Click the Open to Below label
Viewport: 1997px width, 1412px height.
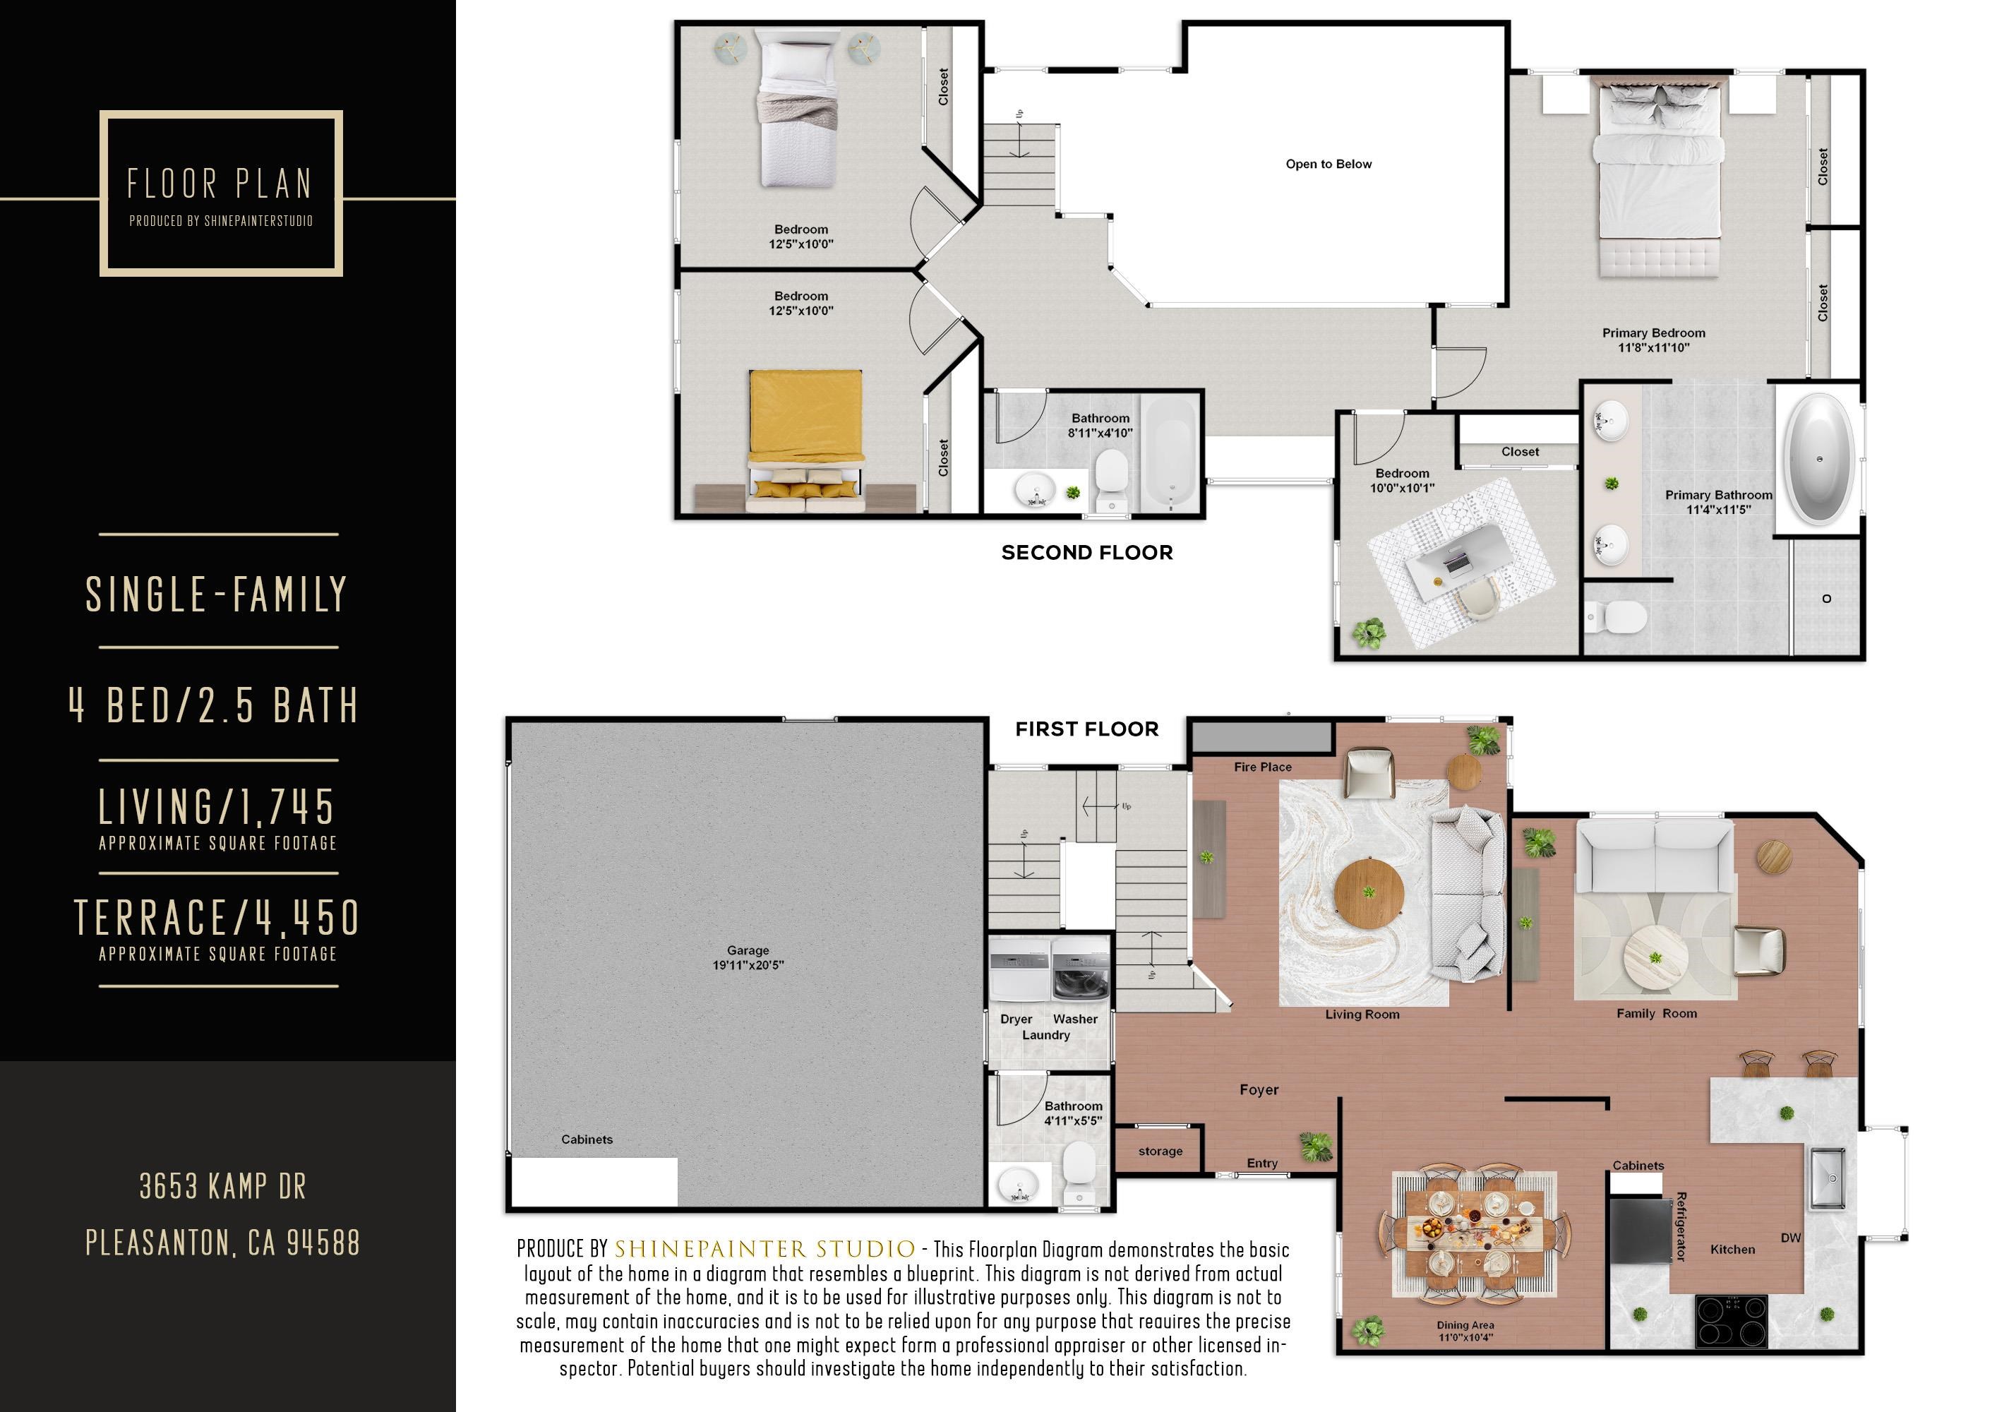click(1328, 164)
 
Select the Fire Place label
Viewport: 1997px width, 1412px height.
click(1262, 767)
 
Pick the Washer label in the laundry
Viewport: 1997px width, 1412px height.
click(1075, 1019)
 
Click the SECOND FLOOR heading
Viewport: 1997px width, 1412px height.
click(1086, 553)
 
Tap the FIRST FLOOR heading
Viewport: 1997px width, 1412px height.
click(1086, 729)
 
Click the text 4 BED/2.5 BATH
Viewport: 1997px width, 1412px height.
click(214, 705)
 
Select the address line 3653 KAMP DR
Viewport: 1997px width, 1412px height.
click(222, 1187)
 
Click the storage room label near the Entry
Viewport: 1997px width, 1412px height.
click(1161, 1151)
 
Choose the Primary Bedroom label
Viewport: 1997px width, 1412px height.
click(1653, 333)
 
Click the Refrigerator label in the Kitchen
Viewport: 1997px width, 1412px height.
click(1680, 1227)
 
